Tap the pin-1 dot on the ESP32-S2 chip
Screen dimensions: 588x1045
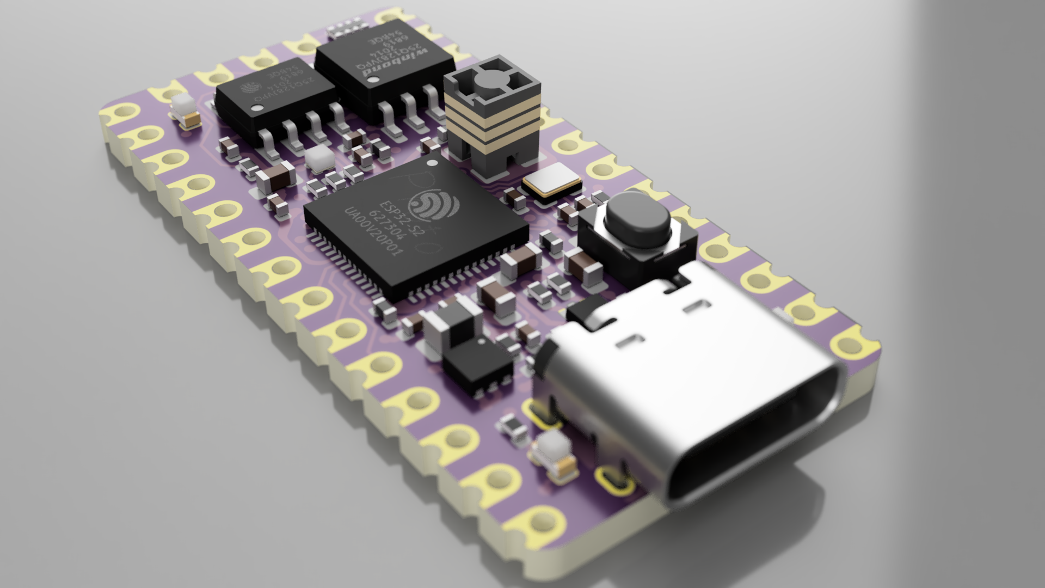point(433,163)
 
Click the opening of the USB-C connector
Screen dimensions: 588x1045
point(757,436)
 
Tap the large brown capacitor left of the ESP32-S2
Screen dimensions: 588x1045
point(275,176)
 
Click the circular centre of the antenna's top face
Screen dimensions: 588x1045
point(488,82)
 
